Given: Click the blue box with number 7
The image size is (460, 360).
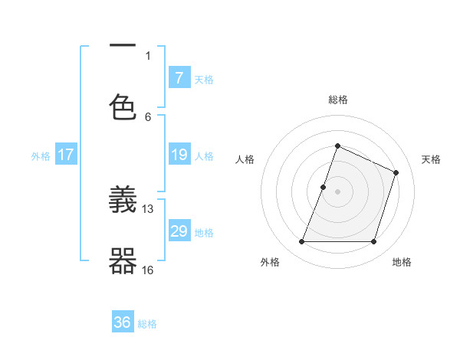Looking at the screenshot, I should [179, 78].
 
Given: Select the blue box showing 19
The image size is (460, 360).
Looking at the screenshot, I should [179, 155].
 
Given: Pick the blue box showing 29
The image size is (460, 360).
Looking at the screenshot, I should [179, 231].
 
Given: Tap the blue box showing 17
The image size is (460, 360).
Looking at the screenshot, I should [65, 155].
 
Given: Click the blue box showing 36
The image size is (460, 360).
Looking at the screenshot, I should [123, 322].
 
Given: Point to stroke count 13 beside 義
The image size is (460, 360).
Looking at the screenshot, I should [148, 208].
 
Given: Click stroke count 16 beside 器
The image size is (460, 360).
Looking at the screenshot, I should [148, 270].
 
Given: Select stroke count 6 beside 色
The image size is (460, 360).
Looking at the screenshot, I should [148, 116].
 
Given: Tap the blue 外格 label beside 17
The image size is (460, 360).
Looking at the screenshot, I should [41, 155].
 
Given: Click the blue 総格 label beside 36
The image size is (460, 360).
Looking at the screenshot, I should [147, 323].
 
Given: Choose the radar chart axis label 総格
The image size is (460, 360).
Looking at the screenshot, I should [337, 100].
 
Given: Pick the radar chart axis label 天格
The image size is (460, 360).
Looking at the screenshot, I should [431, 159].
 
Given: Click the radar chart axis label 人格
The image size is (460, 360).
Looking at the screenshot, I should [245, 159].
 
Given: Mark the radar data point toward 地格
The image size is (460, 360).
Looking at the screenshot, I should [373, 242].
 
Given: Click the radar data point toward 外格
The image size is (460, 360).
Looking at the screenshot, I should [301, 242].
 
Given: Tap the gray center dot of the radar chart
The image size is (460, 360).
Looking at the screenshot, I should [337, 191].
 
